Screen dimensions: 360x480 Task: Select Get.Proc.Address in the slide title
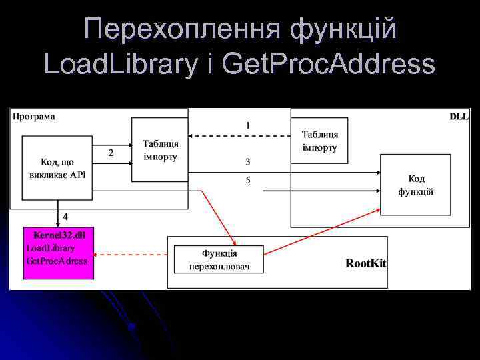click(328, 64)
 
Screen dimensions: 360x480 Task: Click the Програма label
click(34, 116)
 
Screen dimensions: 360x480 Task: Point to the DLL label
click(459, 116)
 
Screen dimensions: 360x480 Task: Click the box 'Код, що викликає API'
click(57, 168)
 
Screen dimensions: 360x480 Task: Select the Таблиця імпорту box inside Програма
click(160, 150)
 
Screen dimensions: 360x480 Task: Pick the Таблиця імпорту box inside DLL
click(319, 141)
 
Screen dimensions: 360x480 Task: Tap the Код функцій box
click(415, 185)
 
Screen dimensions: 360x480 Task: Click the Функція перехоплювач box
click(219, 259)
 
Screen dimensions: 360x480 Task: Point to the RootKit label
click(365, 263)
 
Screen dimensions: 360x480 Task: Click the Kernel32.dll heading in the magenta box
click(59, 235)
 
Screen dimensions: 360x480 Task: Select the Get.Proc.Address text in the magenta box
click(57, 261)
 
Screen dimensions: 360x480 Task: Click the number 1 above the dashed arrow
click(248, 125)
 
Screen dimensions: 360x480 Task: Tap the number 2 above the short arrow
click(111, 153)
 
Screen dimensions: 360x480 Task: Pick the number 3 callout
click(248, 161)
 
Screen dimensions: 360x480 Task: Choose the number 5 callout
click(248, 180)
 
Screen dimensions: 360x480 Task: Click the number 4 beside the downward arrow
click(65, 217)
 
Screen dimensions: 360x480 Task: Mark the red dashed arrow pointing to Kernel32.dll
click(133, 254)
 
